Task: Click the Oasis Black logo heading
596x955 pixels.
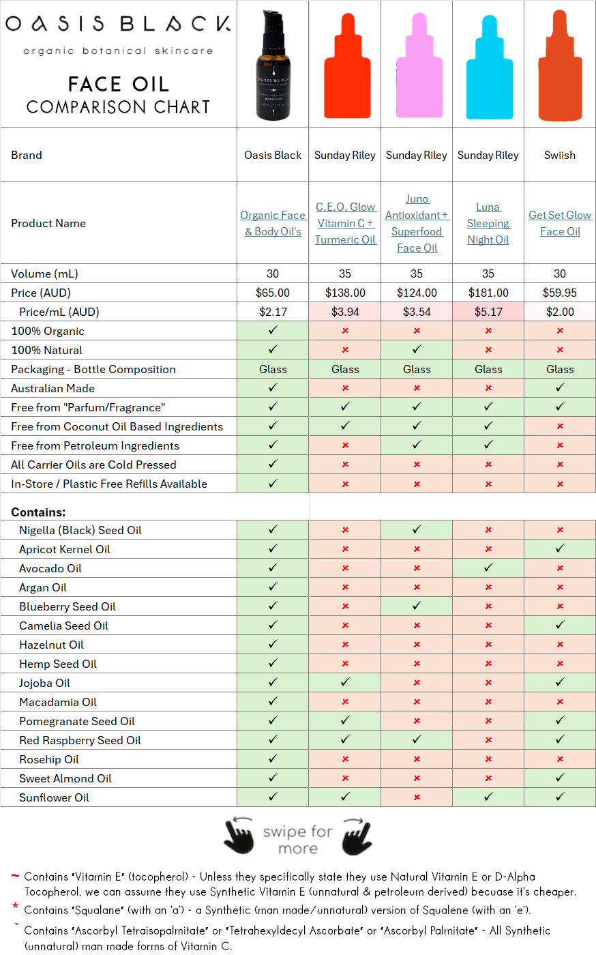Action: (x=118, y=25)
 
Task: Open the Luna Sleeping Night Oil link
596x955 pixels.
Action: (x=488, y=223)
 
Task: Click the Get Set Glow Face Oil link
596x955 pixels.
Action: (x=560, y=223)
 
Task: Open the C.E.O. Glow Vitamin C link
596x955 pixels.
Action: (x=345, y=223)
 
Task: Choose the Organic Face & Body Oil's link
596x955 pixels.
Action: (x=273, y=223)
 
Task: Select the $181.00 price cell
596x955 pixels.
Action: (x=488, y=293)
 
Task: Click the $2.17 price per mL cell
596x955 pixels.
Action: (x=273, y=312)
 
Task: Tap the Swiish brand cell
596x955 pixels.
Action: (x=560, y=155)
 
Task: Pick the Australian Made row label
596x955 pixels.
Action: (x=53, y=388)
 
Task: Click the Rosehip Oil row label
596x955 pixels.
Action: (x=49, y=759)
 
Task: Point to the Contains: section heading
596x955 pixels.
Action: (x=38, y=512)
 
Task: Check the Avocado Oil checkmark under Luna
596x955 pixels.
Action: (x=488, y=568)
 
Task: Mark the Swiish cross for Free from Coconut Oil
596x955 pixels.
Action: (x=560, y=426)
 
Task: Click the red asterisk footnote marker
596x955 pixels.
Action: (x=15, y=907)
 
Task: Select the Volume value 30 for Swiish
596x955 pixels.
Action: (x=560, y=274)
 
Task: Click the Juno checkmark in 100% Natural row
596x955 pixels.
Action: (x=417, y=349)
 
